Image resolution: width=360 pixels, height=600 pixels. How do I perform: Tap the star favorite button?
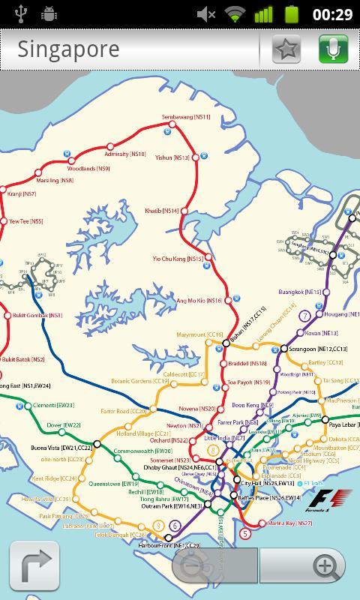[286, 49]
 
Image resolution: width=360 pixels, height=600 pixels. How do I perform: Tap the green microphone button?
[333, 49]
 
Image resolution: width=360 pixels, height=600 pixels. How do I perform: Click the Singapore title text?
[68, 49]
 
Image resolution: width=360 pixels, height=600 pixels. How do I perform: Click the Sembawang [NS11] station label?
[187, 118]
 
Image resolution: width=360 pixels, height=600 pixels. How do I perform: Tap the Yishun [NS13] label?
[172, 158]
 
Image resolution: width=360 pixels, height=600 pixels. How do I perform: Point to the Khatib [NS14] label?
[162, 211]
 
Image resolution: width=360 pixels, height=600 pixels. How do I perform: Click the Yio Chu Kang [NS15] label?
[178, 259]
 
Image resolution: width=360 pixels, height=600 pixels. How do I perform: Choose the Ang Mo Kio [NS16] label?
[199, 301]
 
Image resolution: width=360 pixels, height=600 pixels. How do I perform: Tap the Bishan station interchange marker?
[226, 343]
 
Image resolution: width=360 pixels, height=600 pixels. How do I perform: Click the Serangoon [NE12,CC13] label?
[318, 349]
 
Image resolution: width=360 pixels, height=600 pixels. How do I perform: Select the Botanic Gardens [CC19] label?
[141, 382]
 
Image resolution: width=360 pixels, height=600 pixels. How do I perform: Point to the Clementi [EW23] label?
[54, 405]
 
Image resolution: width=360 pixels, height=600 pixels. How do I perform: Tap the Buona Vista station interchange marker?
[97, 444]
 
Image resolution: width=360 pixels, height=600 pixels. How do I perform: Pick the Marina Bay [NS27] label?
[294, 523]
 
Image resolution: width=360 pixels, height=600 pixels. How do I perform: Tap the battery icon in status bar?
[291, 14]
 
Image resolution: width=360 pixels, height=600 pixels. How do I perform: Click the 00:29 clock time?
[332, 14]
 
